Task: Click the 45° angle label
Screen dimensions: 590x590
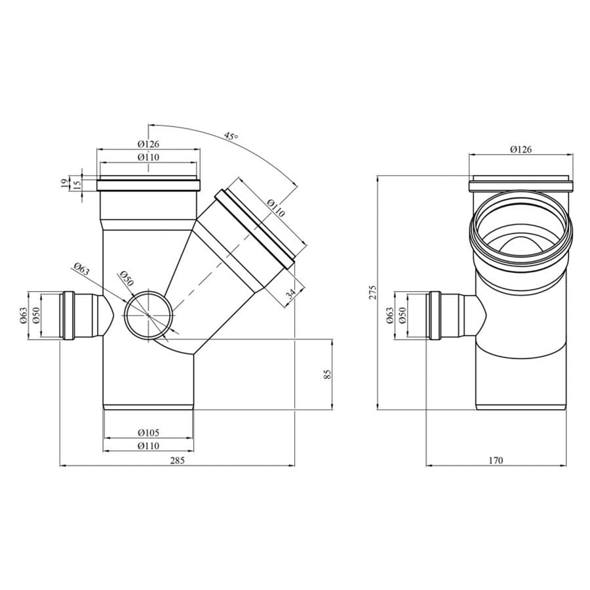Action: (231, 135)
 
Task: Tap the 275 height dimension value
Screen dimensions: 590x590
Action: (372, 292)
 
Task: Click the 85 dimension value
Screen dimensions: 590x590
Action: (327, 374)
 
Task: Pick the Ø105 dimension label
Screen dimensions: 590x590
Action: (149, 433)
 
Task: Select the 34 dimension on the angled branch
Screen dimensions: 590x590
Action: (290, 294)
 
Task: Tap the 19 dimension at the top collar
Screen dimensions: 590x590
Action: (64, 184)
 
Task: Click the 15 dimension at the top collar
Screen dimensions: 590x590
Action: (77, 184)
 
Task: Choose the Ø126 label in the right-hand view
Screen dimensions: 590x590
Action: (521, 149)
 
